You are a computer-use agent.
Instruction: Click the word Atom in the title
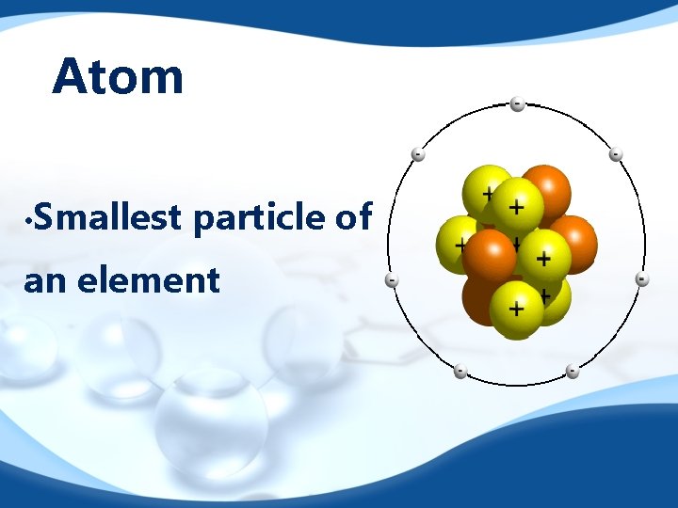[118, 76]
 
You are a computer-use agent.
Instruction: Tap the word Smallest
[109, 217]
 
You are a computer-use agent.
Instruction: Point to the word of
[353, 217]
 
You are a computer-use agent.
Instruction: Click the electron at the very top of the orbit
[517, 103]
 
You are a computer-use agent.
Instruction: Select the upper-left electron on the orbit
[417, 154]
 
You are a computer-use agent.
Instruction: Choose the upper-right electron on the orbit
[615, 154]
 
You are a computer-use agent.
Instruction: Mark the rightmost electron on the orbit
[641, 279]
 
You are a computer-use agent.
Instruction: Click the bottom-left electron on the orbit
[460, 371]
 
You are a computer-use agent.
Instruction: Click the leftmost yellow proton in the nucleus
[457, 241]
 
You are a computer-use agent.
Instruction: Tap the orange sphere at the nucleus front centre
[489, 256]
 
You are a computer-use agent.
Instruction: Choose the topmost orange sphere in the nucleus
[545, 188]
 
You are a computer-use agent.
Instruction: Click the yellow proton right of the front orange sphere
[543, 255]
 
